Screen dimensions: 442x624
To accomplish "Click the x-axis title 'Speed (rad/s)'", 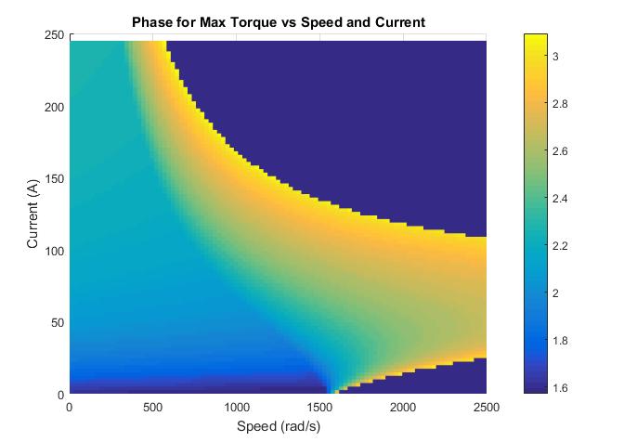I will coord(278,426).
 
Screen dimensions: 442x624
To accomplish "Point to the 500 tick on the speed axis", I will coord(153,407).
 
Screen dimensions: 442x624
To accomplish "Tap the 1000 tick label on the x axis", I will coord(237,407).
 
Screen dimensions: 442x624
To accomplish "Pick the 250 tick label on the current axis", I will coord(55,35).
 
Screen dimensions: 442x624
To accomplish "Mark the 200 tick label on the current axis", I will coord(55,107).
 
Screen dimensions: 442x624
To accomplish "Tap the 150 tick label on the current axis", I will coord(55,179).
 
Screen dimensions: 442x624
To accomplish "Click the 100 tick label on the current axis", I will coord(55,251).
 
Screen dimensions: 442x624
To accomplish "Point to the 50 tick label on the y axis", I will coord(58,322).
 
